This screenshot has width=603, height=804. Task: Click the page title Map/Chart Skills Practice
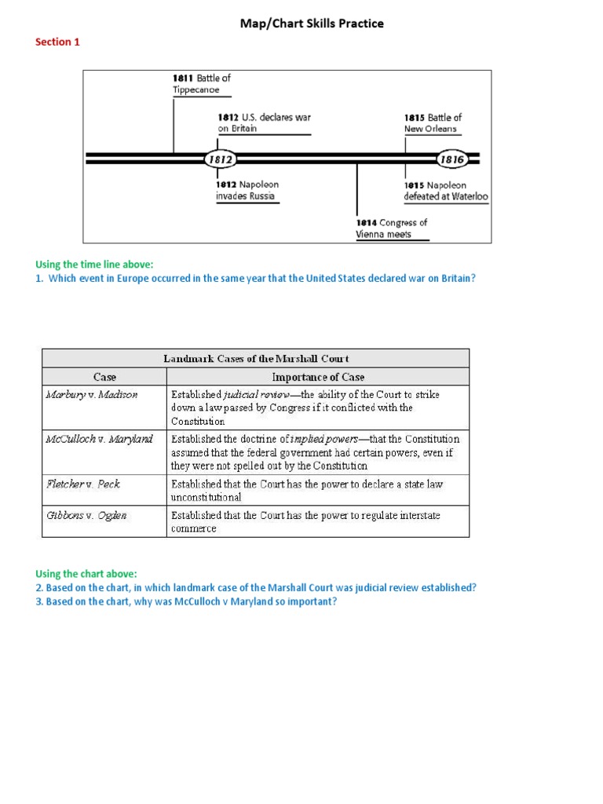click(312, 24)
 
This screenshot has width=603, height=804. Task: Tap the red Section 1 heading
click(57, 42)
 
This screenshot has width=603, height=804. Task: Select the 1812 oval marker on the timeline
click(221, 159)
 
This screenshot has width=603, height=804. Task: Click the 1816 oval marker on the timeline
click(451, 159)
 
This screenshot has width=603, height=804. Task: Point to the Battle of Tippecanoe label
click(201, 83)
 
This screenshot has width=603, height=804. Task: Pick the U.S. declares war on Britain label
click(264, 122)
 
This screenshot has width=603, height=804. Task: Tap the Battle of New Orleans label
click(433, 122)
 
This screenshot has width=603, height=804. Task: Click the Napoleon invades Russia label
click(247, 190)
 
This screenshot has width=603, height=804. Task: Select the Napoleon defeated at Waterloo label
click(445, 191)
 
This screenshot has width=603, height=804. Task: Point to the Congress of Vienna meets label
click(392, 228)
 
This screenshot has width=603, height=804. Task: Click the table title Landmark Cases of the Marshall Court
click(256, 358)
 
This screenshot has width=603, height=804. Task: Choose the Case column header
click(104, 377)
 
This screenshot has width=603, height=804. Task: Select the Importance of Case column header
click(318, 377)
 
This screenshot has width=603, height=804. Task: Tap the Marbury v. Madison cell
click(91, 395)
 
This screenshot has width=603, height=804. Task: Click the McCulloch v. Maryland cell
click(98, 439)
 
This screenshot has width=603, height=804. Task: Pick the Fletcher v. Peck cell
click(83, 484)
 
